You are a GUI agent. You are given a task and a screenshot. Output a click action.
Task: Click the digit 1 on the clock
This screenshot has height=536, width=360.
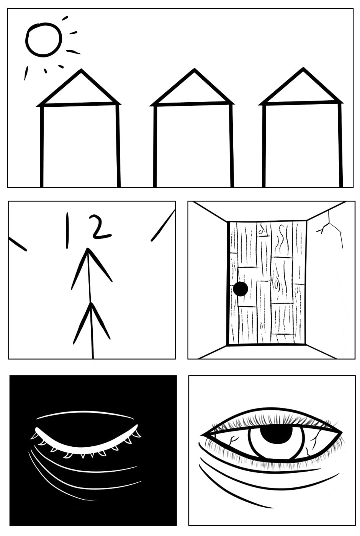[67, 230]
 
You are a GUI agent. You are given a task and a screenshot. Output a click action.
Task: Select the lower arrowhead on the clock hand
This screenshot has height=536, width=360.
[91, 304]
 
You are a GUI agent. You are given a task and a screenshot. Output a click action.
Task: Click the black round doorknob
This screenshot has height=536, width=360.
[241, 289]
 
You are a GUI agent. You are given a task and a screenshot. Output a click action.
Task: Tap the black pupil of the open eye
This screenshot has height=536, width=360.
[276, 433]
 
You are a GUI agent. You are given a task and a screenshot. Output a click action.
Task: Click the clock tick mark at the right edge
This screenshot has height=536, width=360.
[163, 226]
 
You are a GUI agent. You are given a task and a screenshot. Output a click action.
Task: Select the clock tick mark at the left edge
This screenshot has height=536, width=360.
[18, 244]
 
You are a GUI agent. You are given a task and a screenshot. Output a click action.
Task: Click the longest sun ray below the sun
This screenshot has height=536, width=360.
[26, 73]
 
